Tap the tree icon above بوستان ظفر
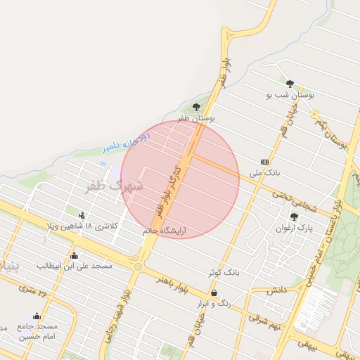[196, 108]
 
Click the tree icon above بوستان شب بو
[290, 84]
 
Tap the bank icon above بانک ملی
[264, 162]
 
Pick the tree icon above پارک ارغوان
[293, 217]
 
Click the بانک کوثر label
[223, 271]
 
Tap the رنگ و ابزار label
[215, 303]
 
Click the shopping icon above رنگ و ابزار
[214, 293]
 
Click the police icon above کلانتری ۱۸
[83, 215]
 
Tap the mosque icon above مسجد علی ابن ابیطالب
[75, 255]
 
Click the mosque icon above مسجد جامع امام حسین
[37, 316]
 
